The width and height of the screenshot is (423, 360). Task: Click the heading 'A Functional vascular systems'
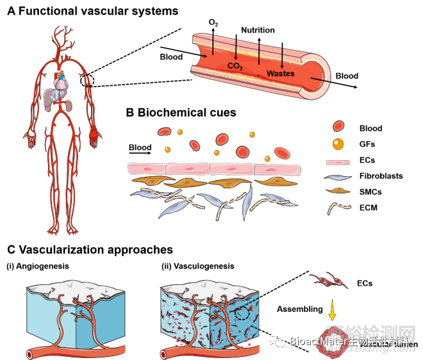pyautogui.click(x=92, y=11)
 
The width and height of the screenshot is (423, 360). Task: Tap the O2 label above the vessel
pyautogui.click(x=213, y=23)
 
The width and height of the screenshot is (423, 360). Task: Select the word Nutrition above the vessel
pyautogui.click(x=257, y=30)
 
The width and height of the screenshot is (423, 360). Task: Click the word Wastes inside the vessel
pyautogui.click(x=280, y=74)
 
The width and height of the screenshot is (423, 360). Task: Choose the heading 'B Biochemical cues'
pyautogui.click(x=181, y=113)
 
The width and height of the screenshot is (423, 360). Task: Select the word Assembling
pyautogui.click(x=300, y=308)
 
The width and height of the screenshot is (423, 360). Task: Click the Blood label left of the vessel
pyautogui.click(x=171, y=57)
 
